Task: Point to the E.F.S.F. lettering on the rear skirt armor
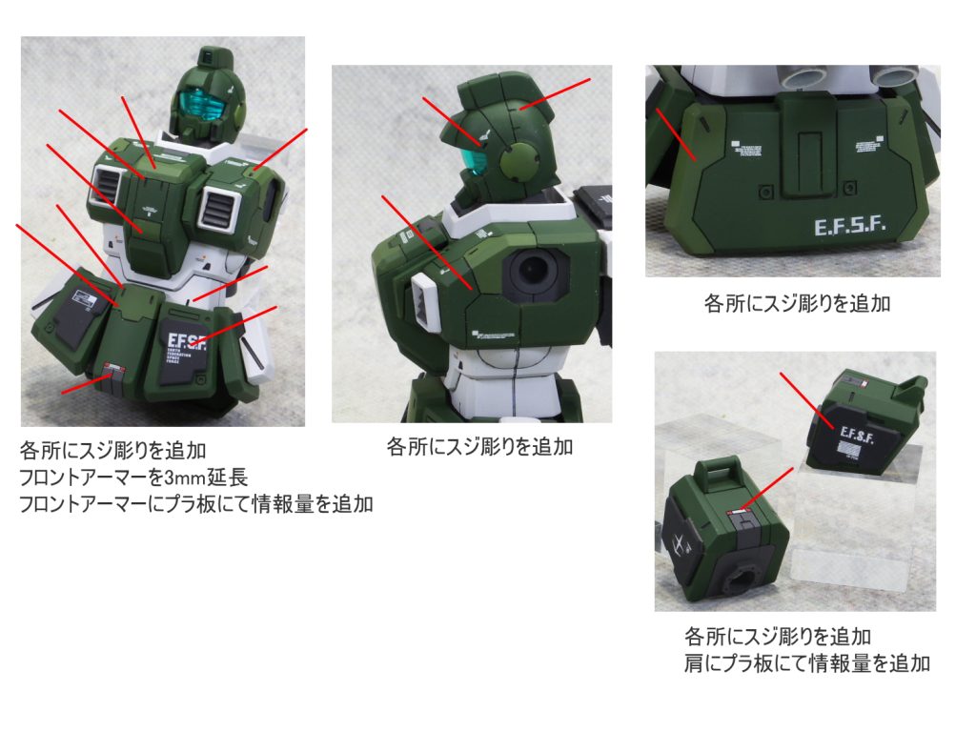[x=850, y=227]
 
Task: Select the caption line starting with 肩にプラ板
[x=806, y=663]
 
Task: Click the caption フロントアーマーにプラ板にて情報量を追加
[x=195, y=505]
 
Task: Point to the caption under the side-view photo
[x=479, y=446]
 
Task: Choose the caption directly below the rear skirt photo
[x=796, y=304]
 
